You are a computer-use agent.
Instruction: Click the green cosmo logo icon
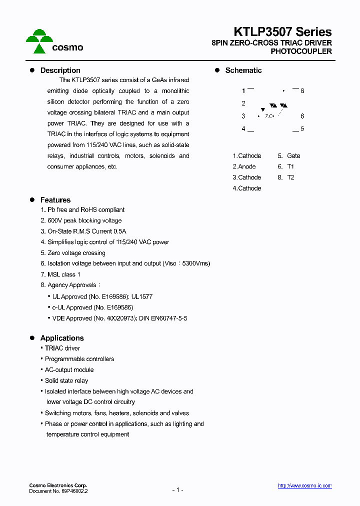pos(39,41)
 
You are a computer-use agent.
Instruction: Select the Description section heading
pos(60,70)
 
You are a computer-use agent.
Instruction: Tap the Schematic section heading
pos(243,70)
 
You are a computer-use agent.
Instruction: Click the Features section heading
pos(55,200)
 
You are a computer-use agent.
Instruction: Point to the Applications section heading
pos(61,338)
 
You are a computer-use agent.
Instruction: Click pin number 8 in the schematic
pos(302,91)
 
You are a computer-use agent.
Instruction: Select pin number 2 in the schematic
pos(243,103)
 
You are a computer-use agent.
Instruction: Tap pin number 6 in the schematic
pos(302,116)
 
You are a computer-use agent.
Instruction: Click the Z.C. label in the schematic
pos(269,116)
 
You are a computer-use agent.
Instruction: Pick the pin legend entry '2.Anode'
pos(244,166)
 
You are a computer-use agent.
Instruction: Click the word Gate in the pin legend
pos(293,156)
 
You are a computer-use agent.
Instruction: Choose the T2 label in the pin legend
pos(290,177)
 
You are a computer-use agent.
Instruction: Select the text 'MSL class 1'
pos(63,274)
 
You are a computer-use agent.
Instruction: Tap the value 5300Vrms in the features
pos(197,263)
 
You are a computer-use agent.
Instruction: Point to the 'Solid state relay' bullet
pos(66,380)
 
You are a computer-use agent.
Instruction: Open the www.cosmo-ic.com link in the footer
pos(304,486)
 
